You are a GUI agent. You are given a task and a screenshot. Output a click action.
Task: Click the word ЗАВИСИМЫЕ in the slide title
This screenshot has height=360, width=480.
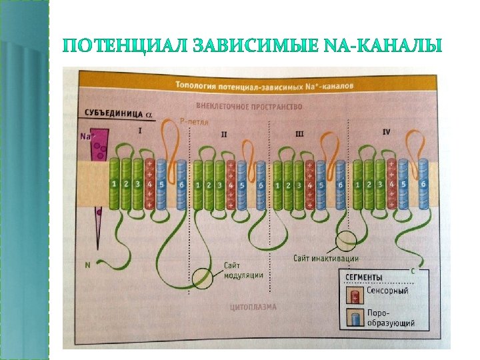tap(240, 47)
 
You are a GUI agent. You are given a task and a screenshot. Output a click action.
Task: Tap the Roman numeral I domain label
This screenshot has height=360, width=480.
tap(139, 131)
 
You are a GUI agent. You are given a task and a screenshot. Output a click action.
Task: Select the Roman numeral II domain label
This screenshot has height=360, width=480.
tap(224, 134)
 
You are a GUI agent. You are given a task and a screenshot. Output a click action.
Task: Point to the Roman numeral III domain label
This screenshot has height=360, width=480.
tap(299, 134)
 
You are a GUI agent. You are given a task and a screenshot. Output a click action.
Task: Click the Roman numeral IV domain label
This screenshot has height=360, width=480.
tap(387, 132)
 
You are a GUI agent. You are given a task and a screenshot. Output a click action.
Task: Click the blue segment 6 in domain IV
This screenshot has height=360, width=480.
tap(423, 184)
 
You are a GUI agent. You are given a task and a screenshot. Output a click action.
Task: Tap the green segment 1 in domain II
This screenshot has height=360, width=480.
tap(198, 185)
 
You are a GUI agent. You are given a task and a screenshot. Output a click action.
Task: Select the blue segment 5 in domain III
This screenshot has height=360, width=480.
tap(321, 185)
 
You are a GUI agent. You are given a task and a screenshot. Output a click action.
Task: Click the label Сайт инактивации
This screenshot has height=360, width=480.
tap(326, 258)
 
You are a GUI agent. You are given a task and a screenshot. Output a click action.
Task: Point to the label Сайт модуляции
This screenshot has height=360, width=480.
tap(243, 270)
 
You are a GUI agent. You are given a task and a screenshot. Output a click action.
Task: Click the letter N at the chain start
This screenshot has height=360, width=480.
tap(87, 265)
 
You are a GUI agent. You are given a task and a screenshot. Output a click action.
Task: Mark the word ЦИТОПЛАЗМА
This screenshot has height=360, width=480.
tap(253, 307)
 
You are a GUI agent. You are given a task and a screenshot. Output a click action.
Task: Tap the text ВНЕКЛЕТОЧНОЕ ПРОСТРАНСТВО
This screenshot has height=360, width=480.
tap(249, 106)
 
